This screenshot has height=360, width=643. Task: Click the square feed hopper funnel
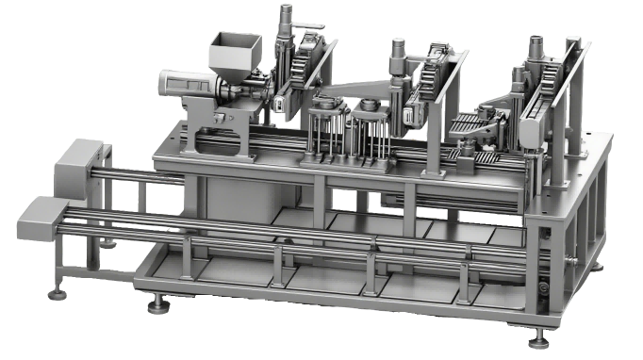pyautogui.click(x=233, y=52)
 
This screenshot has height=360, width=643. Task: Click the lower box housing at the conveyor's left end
pyautogui.click(x=41, y=219)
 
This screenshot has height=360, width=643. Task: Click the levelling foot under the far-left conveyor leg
pyautogui.click(x=58, y=291)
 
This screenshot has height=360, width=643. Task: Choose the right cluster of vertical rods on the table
pyautogui.click(x=370, y=136)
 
